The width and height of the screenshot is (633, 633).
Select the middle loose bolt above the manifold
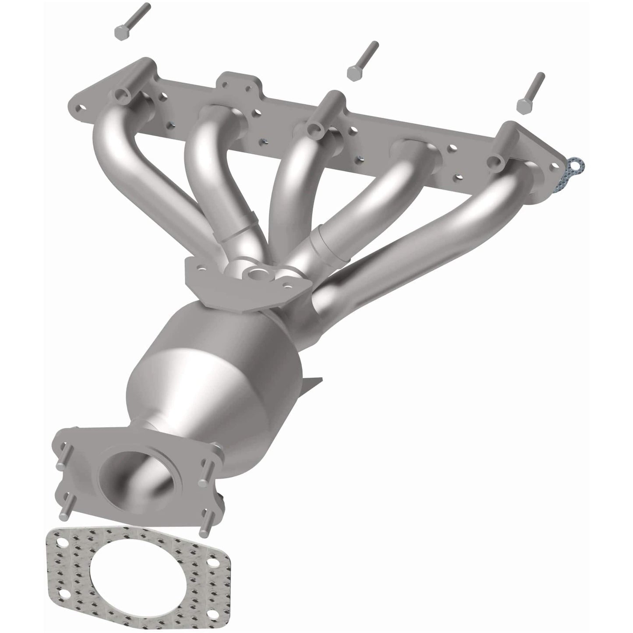click(361, 61)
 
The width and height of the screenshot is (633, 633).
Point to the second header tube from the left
click(206, 175)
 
